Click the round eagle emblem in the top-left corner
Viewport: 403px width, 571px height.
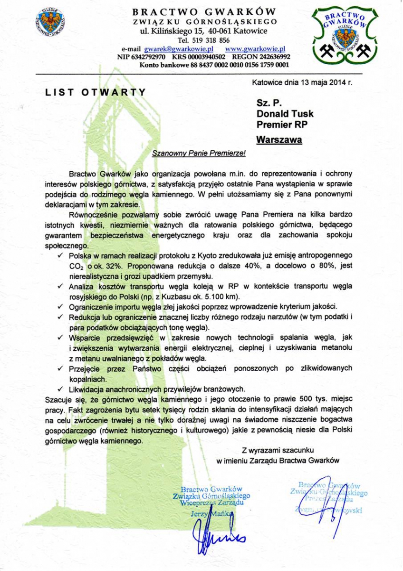[x=50, y=23]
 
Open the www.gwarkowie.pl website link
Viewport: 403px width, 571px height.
[x=255, y=49]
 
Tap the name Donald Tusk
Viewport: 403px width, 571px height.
[x=285, y=114]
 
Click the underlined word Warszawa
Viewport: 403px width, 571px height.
[x=278, y=140]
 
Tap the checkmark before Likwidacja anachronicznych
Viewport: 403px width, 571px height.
[x=59, y=388]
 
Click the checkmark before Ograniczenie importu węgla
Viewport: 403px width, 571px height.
[x=59, y=306]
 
